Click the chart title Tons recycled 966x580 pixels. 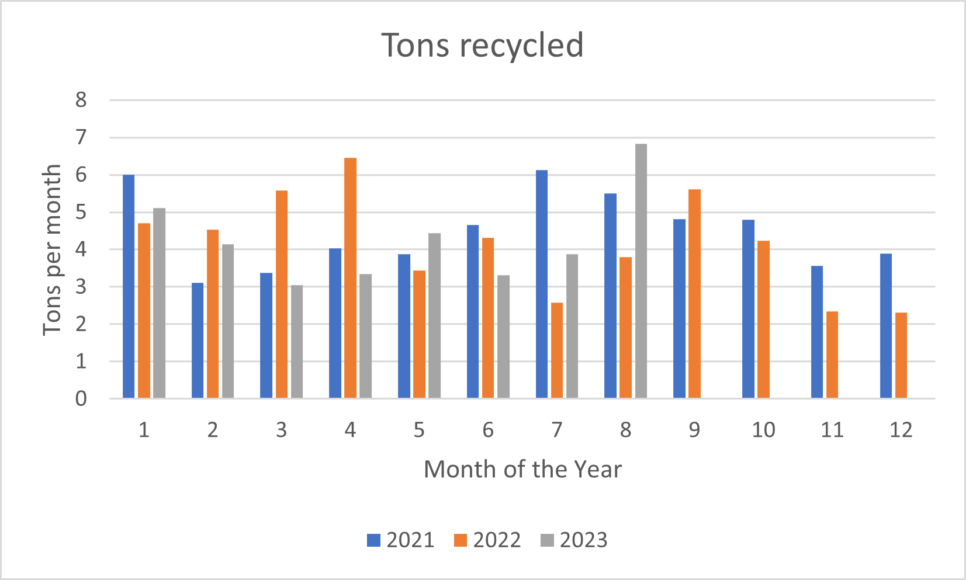pyautogui.click(x=482, y=46)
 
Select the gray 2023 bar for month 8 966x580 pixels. pyautogui.click(x=640, y=271)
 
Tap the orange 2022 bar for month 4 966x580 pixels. pyautogui.click(x=350, y=278)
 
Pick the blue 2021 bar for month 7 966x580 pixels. pyautogui.click(x=541, y=284)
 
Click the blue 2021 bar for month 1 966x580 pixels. pyautogui.click(x=129, y=287)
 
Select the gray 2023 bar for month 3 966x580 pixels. pyautogui.click(x=297, y=342)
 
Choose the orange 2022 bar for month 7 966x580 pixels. pyautogui.click(x=556, y=350)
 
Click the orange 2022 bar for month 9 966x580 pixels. pyautogui.click(x=694, y=294)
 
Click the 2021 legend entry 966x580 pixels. pyautogui.click(x=401, y=540)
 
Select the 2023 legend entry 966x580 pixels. pyautogui.click(x=574, y=540)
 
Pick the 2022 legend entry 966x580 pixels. pyautogui.click(x=487, y=540)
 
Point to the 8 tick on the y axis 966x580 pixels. pyautogui.click(x=81, y=100)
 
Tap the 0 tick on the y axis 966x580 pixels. pyautogui.click(x=81, y=399)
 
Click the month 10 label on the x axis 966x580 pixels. pyautogui.click(x=763, y=430)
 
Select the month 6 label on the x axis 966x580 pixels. pyautogui.click(x=487, y=430)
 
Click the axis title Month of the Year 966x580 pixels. pyautogui.click(x=522, y=470)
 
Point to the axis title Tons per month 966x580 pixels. pyautogui.click(x=52, y=249)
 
